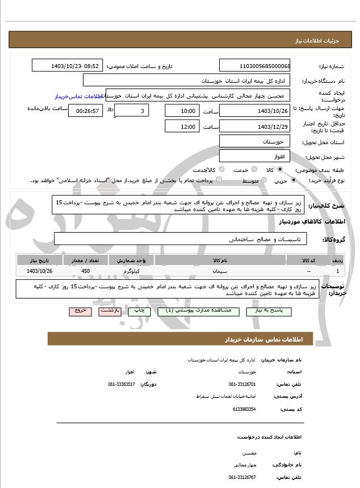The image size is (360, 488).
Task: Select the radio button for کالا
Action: (280, 170)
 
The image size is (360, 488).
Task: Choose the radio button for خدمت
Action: (253, 170)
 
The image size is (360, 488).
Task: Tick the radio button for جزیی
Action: (293, 180)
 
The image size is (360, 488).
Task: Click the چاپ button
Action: (137, 311)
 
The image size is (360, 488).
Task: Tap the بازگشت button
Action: (108, 311)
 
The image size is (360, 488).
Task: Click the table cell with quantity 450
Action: (86, 271)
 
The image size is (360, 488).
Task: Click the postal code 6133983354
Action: (244, 409)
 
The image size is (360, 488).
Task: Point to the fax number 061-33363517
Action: (122, 384)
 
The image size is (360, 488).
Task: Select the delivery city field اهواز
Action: (254, 155)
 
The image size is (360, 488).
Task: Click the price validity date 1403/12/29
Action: (254, 127)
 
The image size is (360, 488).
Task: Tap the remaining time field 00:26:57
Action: (85, 110)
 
